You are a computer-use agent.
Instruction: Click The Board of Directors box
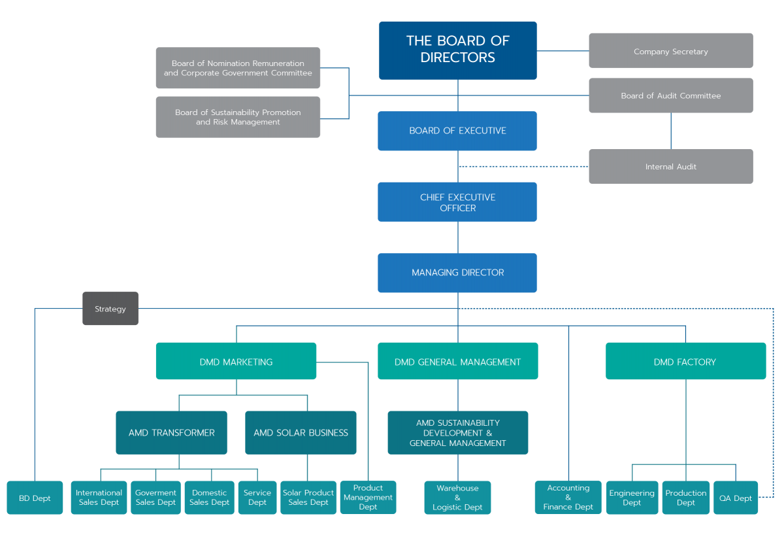[458, 50]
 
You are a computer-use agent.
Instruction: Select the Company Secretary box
[671, 51]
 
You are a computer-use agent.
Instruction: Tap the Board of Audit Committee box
[671, 95]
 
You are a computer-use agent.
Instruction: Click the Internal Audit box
[671, 167]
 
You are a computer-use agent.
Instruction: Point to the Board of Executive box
[458, 131]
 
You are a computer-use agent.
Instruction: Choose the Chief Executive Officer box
[458, 202]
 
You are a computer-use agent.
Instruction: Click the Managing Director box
[458, 273]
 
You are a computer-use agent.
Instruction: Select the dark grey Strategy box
[110, 309]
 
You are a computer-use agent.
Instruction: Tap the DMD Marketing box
[236, 362]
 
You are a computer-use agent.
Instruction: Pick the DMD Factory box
[685, 362]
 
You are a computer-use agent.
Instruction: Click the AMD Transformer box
[171, 432]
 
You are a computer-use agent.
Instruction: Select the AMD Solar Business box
[301, 432]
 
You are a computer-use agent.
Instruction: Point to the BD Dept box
[35, 498]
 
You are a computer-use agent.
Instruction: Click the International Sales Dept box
[99, 498]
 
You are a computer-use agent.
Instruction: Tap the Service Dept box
[257, 498]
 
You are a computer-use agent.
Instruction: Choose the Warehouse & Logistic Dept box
[457, 498]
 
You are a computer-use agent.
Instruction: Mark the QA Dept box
[735, 498]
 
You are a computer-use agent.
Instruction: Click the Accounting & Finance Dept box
[568, 498]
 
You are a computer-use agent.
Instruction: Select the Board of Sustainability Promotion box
[238, 117]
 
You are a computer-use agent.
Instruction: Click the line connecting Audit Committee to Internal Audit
[671, 131]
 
